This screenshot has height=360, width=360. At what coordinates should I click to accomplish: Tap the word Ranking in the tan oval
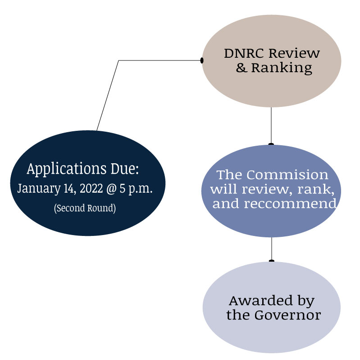pyautogui.click(x=281, y=68)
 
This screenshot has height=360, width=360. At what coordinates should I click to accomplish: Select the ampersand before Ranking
pyautogui.click(x=241, y=68)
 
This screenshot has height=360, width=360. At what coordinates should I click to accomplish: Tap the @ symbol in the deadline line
pyautogui.click(x=110, y=189)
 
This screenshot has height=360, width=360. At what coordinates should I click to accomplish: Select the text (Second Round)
pyautogui.click(x=85, y=209)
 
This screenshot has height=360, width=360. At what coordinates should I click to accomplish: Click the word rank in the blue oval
pyautogui.click(x=321, y=189)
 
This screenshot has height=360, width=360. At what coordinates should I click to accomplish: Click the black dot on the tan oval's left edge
pyautogui.click(x=202, y=60)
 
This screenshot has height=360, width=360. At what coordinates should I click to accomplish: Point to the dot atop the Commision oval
pyautogui.click(x=271, y=144)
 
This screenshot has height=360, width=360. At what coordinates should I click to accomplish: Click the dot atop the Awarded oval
pyautogui.click(x=271, y=261)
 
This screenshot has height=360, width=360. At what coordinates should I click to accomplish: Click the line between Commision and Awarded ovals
pyautogui.click(x=271, y=248)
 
